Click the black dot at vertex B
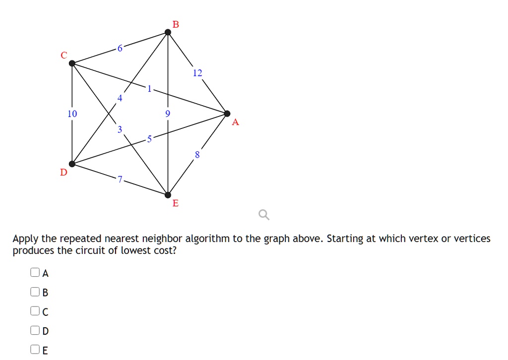pyautogui.click(x=168, y=32)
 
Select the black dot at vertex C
pyautogui.click(x=72, y=63)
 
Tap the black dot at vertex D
pyautogui.click(x=72, y=164)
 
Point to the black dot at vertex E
pyautogui.click(x=168, y=195)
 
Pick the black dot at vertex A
pyautogui.click(x=227, y=114)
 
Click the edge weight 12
pyautogui.click(x=197, y=73)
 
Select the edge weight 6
pyautogui.click(x=120, y=48)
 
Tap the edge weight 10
pyautogui.click(x=72, y=114)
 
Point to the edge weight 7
pyautogui.click(x=120, y=179)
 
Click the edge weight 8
pyautogui.click(x=197, y=155)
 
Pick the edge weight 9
pyautogui.click(x=168, y=114)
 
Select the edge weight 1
pyautogui.click(x=149, y=88)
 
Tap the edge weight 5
pyautogui.click(x=149, y=139)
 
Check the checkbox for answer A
pyautogui.click(x=35, y=272)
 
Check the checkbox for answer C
pyautogui.click(x=35, y=311)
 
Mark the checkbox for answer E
pyautogui.click(x=35, y=349)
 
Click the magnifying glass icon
pyautogui.click(x=264, y=214)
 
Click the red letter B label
pyautogui.click(x=176, y=24)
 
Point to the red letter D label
pyautogui.click(x=63, y=172)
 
